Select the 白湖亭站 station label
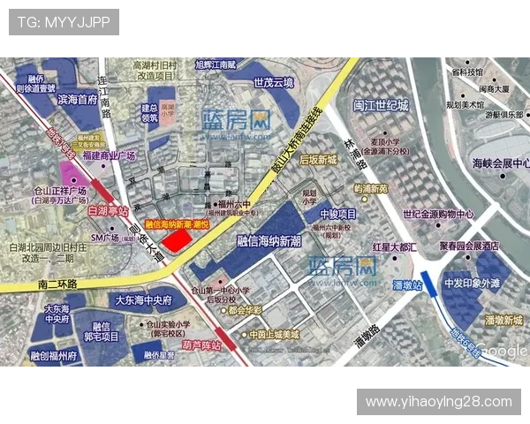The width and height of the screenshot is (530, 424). pyautogui.click(x=109, y=211)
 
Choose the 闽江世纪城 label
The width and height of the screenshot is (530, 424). pyautogui.click(x=381, y=105)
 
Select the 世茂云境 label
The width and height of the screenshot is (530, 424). pyautogui.click(x=272, y=83)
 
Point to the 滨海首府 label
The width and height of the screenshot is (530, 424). pyautogui.click(x=77, y=100)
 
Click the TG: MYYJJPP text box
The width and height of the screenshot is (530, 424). pyautogui.click(x=64, y=21)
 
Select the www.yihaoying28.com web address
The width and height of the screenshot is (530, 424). pyautogui.click(x=438, y=402)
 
